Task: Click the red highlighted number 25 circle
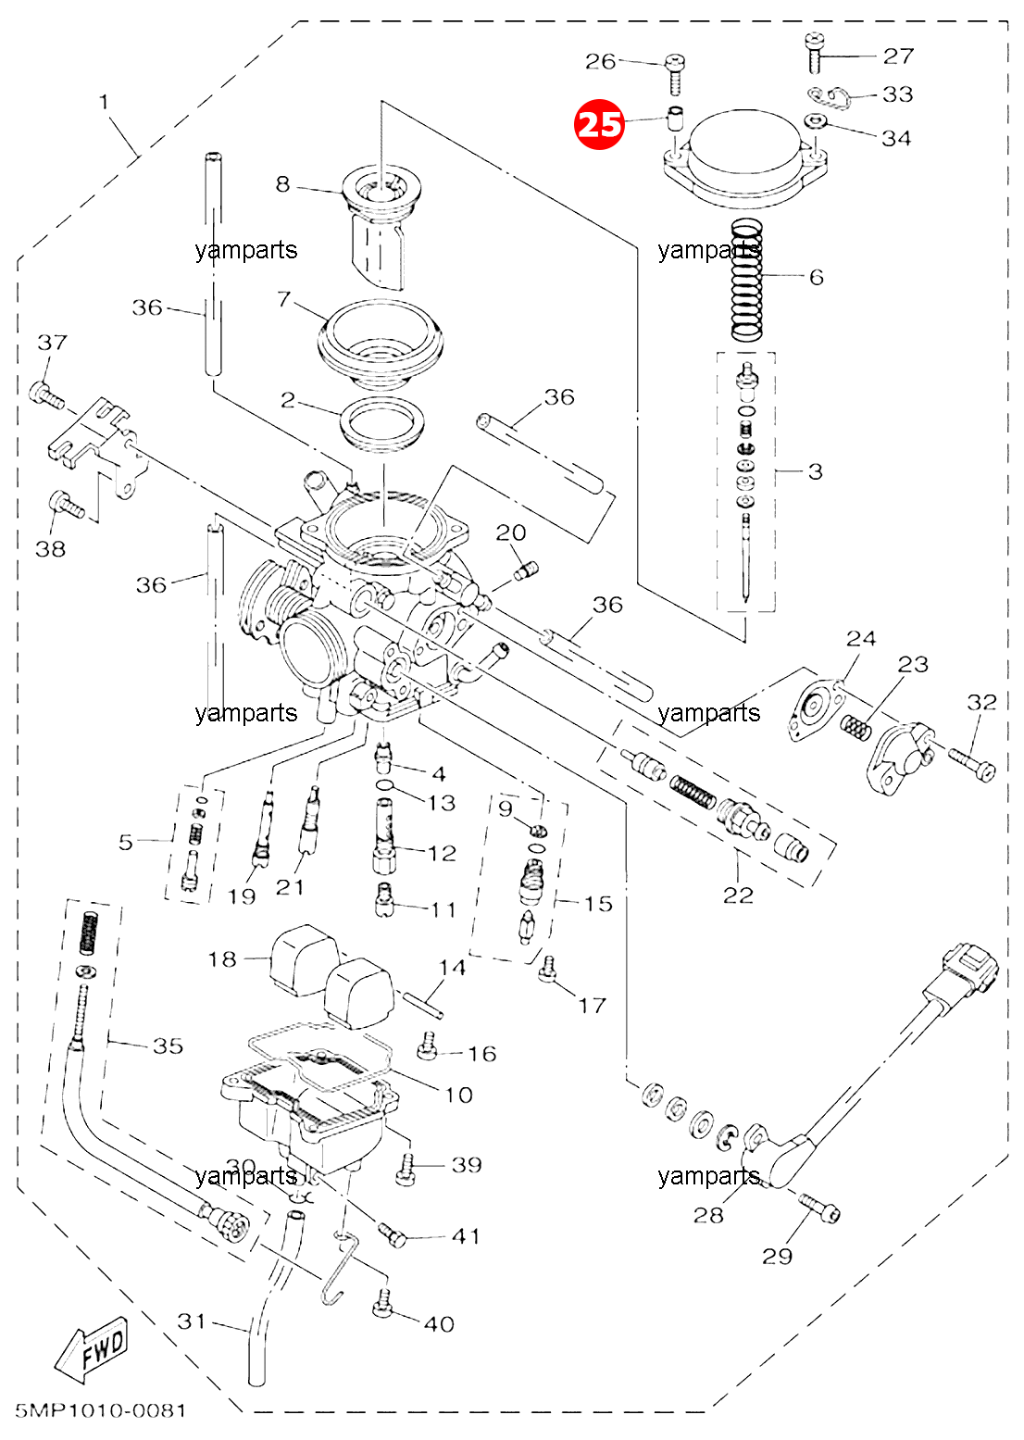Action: click(x=599, y=124)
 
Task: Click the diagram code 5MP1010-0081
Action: click(x=101, y=1410)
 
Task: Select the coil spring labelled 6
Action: click(x=746, y=280)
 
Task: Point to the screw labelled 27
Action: click(x=814, y=53)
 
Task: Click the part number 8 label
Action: click(x=282, y=184)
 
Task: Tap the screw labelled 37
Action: click(x=46, y=395)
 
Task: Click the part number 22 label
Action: click(x=738, y=895)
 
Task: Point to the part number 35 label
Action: click(x=168, y=1046)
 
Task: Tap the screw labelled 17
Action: click(x=548, y=969)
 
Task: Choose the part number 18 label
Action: click(x=222, y=959)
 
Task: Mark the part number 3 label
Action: click(x=815, y=471)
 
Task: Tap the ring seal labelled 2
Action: click(x=383, y=423)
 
